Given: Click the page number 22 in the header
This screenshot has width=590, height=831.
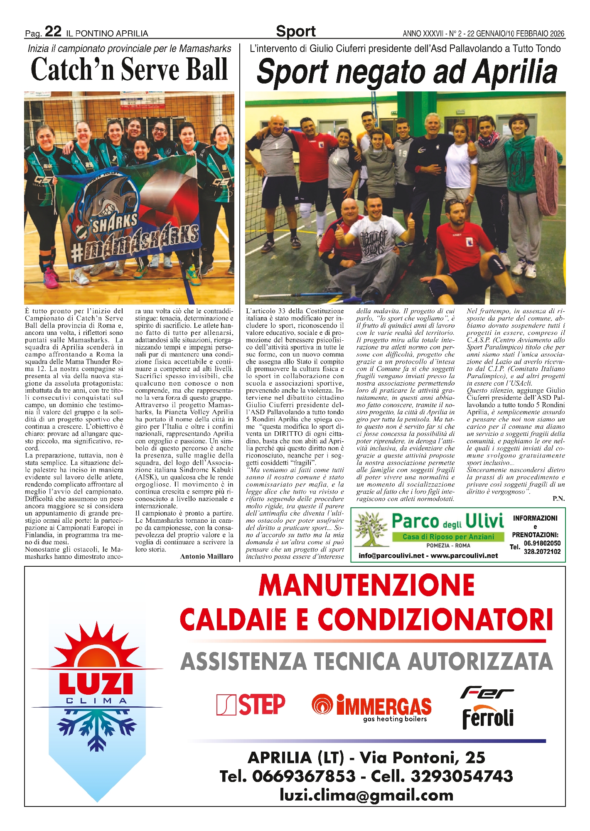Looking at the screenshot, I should (x=53, y=32).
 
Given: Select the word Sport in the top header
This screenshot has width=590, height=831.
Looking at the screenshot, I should (x=295, y=31).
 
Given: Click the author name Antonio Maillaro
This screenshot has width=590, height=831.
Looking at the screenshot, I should (x=206, y=556).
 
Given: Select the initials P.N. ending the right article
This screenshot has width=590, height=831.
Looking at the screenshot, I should (x=558, y=499).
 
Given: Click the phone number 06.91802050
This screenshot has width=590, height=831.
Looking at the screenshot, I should (x=542, y=543).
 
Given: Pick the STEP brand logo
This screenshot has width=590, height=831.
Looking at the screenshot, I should (x=251, y=705).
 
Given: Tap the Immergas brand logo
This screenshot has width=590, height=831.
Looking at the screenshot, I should (x=372, y=706).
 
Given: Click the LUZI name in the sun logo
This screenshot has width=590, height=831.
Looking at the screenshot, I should (x=96, y=685).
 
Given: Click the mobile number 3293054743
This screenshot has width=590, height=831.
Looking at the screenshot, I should (x=462, y=776).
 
